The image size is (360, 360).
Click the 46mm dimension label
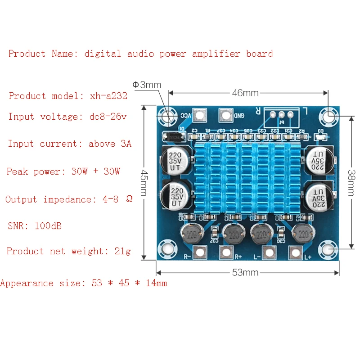tap(245, 93)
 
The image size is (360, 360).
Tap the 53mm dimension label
tap(245, 273)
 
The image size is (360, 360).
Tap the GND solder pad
tap(225, 115)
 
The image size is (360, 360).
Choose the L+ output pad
tap(295, 252)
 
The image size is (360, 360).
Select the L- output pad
tap(269, 252)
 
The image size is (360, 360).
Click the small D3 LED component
tap(321, 135)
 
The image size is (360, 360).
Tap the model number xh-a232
tap(109, 96)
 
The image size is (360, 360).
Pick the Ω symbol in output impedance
tap(129, 199)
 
